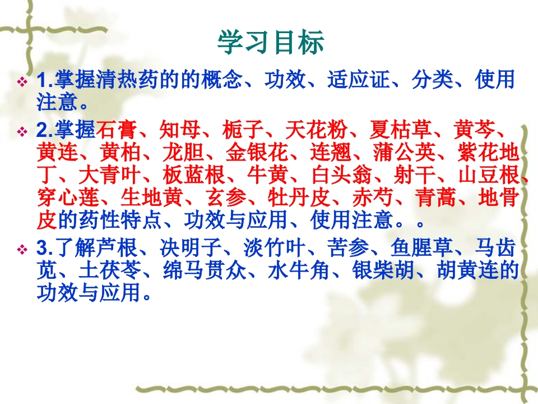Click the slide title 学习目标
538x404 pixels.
pos(271,42)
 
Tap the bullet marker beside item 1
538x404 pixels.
pos(22,82)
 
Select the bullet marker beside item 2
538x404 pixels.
pos(22,131)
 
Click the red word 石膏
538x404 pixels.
pos(117,130)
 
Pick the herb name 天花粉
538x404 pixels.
pos(316,130)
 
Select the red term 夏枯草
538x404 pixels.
pos(400,130)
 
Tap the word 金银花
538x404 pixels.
pos(256,152)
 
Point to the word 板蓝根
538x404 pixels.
pos(193,175)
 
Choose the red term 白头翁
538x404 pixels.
pos(342,175)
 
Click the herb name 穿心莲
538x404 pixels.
pos(68,197)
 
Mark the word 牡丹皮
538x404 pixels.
pos(299,197)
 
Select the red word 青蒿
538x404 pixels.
pos(435,197)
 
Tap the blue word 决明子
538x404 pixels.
pos(191,247)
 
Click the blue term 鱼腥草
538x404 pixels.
pos(421,247)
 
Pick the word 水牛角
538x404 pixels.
pos(299,270)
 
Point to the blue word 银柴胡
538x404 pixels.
pos(383,270)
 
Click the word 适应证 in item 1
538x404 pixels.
pos(358,80)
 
